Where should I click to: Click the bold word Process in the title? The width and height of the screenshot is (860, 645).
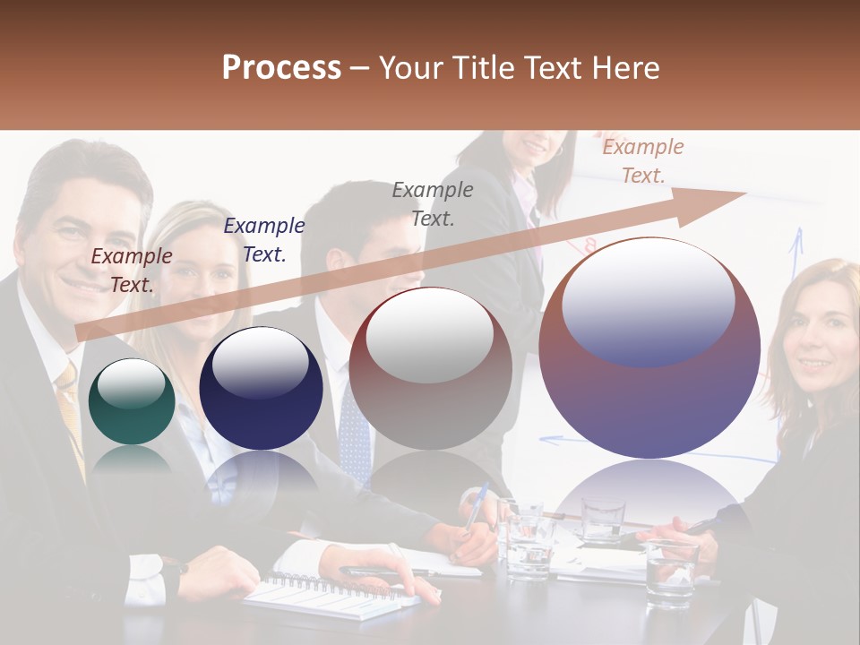pyautogui.click(x=281, y=68)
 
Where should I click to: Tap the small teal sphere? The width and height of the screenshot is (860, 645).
pyautogui.click(x=132, y=401)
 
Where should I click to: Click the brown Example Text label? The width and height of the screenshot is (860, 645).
pyautogui.click(x=132, y=271)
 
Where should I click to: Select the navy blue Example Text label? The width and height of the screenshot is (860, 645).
pyautogui.click(x=264, y=240)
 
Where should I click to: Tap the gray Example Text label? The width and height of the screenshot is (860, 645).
pyautogui.click(x=433, y=203)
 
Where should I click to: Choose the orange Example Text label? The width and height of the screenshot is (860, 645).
pyautogui.click(x=642, y=161)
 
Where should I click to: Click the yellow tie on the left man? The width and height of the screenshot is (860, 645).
pyautogui.click(x=69, y=403)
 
